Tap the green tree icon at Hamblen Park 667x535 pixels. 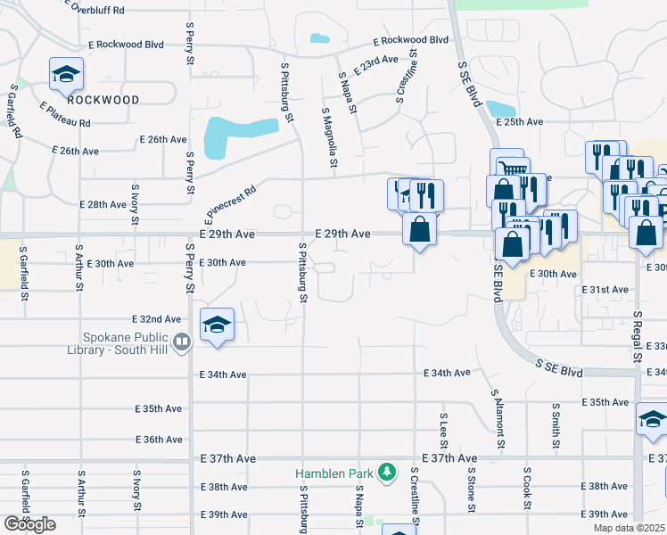pos(387,470)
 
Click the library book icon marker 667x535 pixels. pos(182,340)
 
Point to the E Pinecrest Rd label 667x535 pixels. pos(227,202)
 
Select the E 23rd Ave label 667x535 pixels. pos(375,64)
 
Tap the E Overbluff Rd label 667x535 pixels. pos(111,10)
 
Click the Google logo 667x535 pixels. pos(29,524)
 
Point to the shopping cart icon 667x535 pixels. pos(510,165)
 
